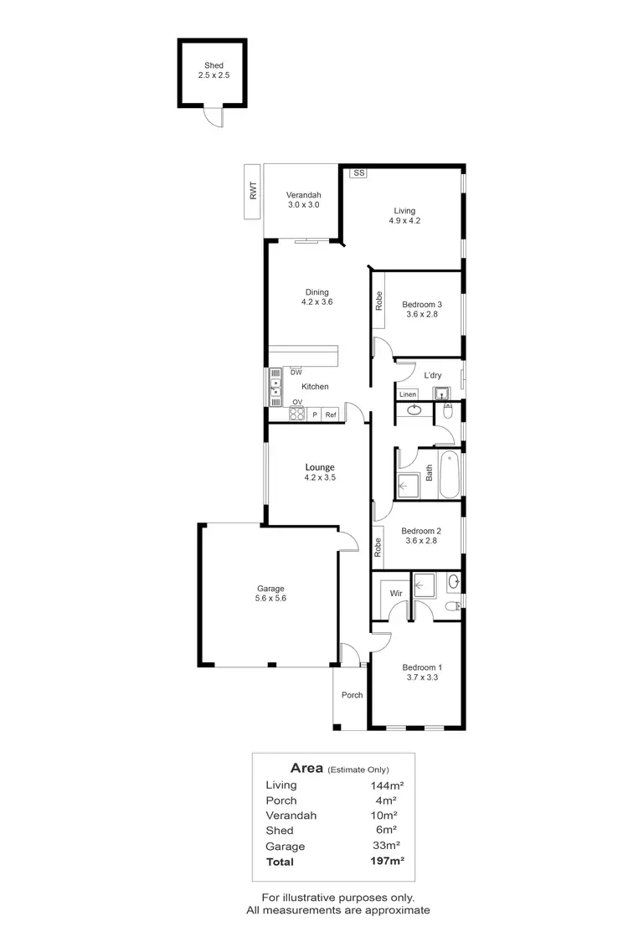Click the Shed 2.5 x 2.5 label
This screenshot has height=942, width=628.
coord(214,70)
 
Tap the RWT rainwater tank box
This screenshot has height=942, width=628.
coord(253,193)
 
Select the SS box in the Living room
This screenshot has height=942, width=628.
coord(358,173)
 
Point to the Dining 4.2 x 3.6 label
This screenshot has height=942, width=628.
coord(317,297)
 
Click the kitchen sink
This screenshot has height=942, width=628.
coord(275,388)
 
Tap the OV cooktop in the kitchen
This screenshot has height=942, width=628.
coord(296,413)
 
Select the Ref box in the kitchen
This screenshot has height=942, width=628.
coord(331,414)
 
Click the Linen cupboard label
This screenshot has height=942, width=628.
coord(408,394)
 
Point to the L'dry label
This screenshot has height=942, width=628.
coord(433,376)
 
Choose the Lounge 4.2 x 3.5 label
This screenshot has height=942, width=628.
coord(319,472)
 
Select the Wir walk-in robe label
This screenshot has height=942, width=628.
coord(395,593)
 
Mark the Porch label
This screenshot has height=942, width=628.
coord(352,695)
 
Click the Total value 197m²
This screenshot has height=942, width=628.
coord(388,861)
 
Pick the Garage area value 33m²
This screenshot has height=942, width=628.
coord(384,846)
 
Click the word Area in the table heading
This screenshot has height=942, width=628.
coord(306,767)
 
